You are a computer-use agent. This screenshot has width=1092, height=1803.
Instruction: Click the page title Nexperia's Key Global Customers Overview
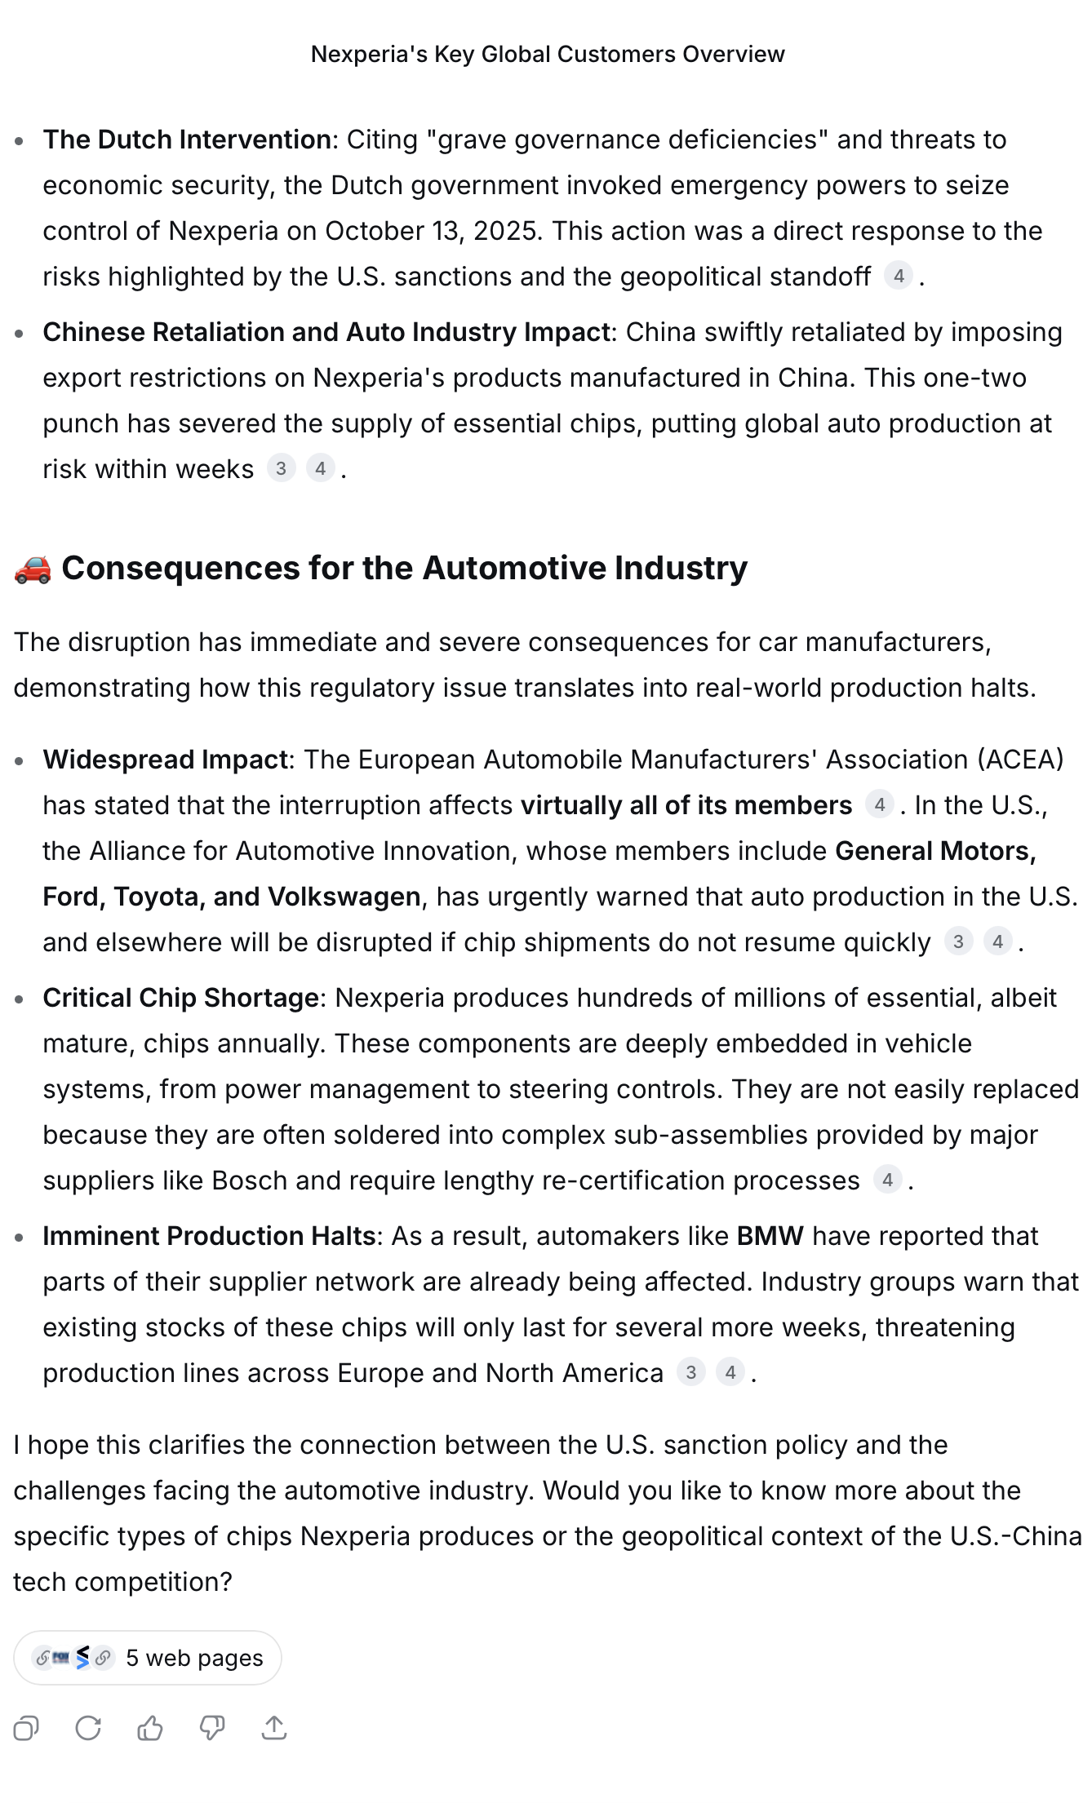[547, 54]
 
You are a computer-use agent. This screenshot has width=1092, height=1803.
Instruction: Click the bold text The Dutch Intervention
[187, 140]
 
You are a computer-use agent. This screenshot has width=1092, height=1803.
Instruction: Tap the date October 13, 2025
[433, 231]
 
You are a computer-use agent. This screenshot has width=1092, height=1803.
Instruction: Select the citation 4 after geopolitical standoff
[898, 277]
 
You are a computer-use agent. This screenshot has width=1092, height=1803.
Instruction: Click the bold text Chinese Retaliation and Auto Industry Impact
[326, 332]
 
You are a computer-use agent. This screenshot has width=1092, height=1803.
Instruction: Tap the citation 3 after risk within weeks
[281, 469]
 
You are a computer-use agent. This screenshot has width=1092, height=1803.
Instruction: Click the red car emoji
[33, 569]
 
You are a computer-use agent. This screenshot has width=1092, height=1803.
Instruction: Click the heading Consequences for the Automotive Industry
[404, 569]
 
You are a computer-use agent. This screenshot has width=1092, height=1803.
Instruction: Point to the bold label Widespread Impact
[165, 760]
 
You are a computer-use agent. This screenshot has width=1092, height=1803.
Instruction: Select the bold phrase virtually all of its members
[686, 805]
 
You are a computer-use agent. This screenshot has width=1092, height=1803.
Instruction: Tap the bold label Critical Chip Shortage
[180, 998]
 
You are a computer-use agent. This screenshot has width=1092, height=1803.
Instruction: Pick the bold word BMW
[770, 1236]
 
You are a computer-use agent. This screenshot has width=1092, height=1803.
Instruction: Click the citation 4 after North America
[730, 1373]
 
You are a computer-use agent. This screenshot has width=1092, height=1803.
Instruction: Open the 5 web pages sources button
[148, 1658]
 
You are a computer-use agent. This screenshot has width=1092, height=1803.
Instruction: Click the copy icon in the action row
[26, 1728]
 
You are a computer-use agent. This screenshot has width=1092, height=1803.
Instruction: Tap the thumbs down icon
[212, 1728]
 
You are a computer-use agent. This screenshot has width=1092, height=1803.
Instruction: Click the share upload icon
[274, 1728]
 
